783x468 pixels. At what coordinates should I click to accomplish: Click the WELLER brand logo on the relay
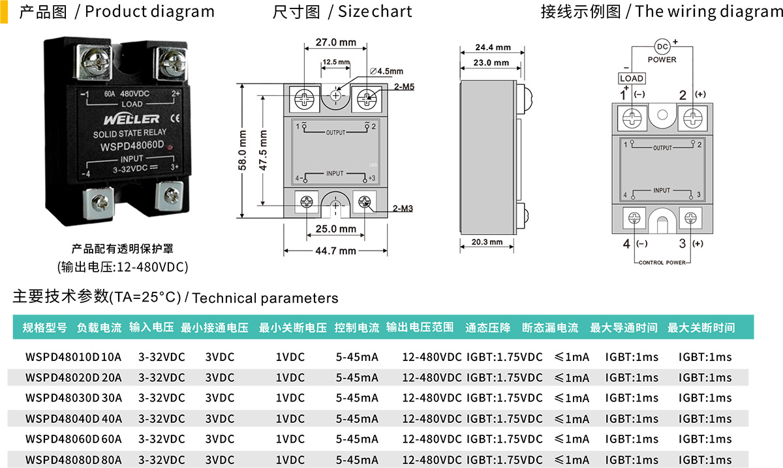tap(131, 119)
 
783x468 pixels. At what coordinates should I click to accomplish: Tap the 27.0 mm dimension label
tap(336, 42)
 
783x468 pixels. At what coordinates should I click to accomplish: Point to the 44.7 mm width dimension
tap(335, 251)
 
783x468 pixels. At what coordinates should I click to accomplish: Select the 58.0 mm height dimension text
tap(242, 150)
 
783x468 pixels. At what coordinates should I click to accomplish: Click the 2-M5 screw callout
tap(404, 86)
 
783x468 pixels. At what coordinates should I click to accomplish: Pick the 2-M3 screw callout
tap(403, 208)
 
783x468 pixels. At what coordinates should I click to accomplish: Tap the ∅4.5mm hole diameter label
tap(386, 71)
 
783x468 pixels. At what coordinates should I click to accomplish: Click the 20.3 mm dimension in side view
tap(487, 242)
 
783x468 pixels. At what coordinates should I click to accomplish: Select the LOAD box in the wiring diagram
tap(632, 78)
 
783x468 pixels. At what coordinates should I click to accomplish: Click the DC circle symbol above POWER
tap(662, 46)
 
